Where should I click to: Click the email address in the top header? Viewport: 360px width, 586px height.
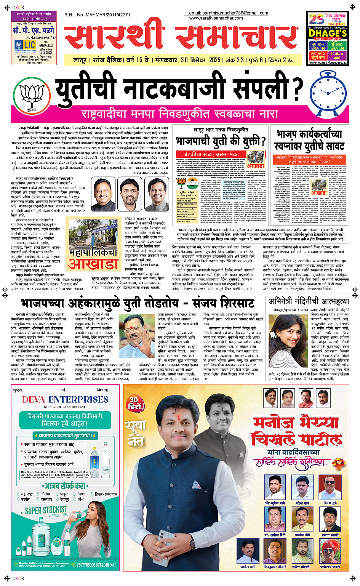(229, 13)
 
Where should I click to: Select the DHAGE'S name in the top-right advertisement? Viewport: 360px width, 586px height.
(328, 34)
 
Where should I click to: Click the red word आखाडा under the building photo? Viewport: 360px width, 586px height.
(93, 264)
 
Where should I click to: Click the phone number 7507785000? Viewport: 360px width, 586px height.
(86, 565)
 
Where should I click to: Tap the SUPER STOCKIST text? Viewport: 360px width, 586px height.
(46, 510)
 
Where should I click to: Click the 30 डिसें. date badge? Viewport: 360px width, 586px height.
(135, 403)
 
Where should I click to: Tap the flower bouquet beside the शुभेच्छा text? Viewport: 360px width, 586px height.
(338, 463)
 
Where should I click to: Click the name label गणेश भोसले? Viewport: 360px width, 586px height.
(301, 567)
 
